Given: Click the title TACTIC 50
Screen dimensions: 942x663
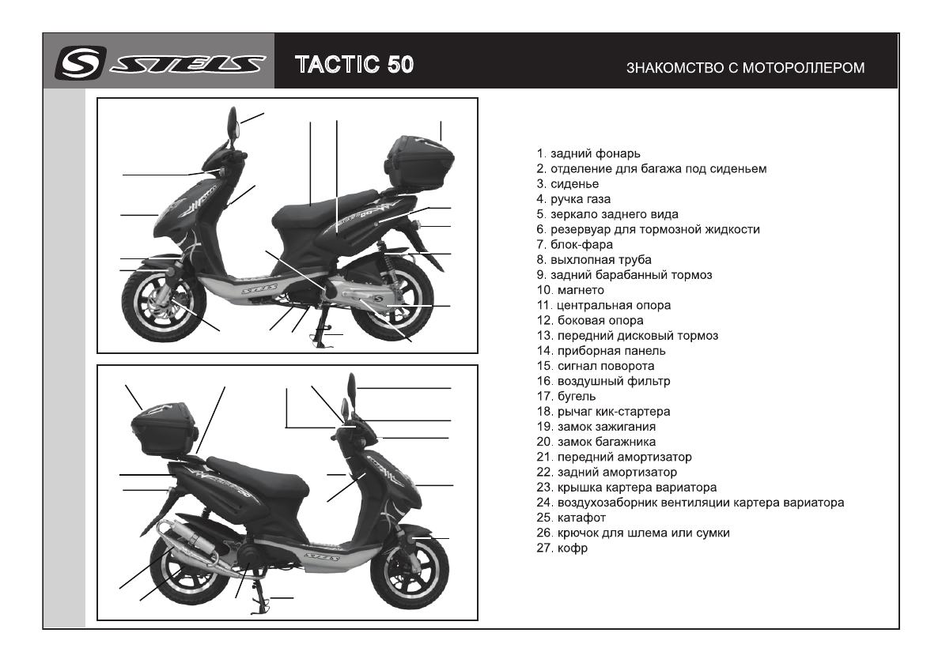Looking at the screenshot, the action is click(354, 64).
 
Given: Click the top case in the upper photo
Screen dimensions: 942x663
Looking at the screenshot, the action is click(419, 161).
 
